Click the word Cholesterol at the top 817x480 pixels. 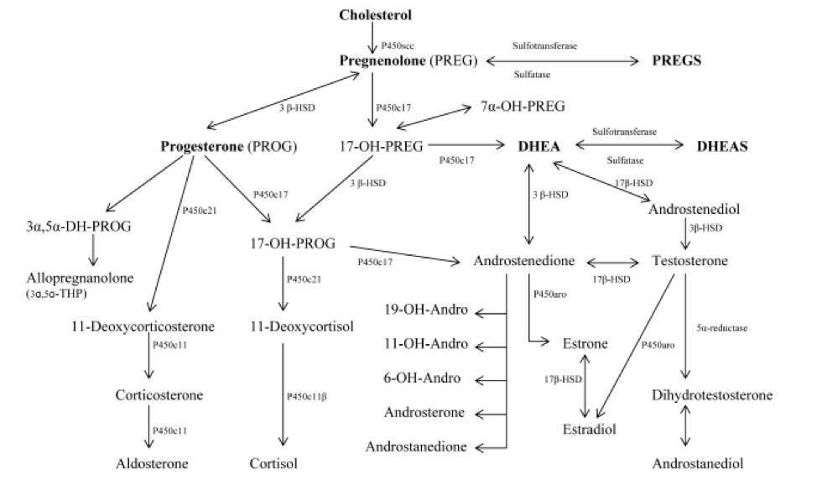(375, 14)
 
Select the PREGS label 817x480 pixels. (676, 61)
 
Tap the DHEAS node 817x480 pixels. (722, 146)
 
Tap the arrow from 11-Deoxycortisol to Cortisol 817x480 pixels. (284, 394)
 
